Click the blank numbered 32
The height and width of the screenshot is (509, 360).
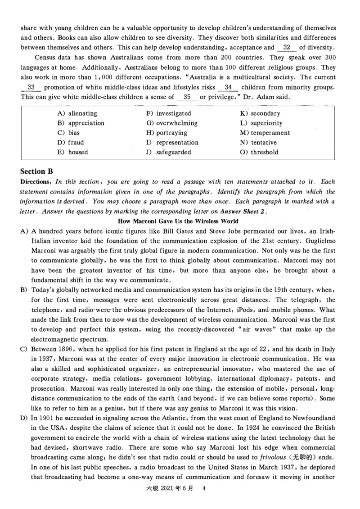[287, 47]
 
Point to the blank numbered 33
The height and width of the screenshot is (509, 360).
[31, 87]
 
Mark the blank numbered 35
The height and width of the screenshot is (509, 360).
[187, 97]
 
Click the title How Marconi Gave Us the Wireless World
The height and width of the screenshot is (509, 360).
[178, 221]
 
